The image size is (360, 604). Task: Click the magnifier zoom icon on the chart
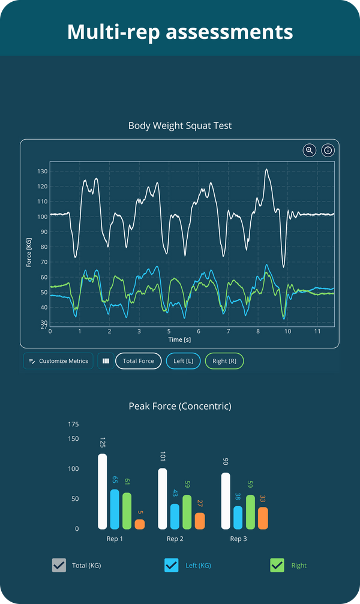(310, 151)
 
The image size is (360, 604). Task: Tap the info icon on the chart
(328, 151)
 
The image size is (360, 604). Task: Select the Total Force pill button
(138, 361)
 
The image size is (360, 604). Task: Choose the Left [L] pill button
(183, 361)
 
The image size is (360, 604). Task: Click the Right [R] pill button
(224, 361)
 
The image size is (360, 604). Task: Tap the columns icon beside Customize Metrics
(106, 361)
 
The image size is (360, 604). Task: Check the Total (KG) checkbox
(59, 565)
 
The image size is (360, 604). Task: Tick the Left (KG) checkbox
(171, 565)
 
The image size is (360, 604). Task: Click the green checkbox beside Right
(277, 565)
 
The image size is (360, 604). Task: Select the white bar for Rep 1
(103, 491)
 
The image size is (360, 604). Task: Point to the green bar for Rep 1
(127, 510)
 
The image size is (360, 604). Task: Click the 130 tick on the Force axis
(42, 172)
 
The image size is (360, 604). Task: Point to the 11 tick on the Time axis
(317, 331)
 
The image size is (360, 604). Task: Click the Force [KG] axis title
(29, 252)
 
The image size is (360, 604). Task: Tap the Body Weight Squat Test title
(180, 126)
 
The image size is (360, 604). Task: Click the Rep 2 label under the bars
(175, 539)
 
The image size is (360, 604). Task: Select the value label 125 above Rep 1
(103, 443)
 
